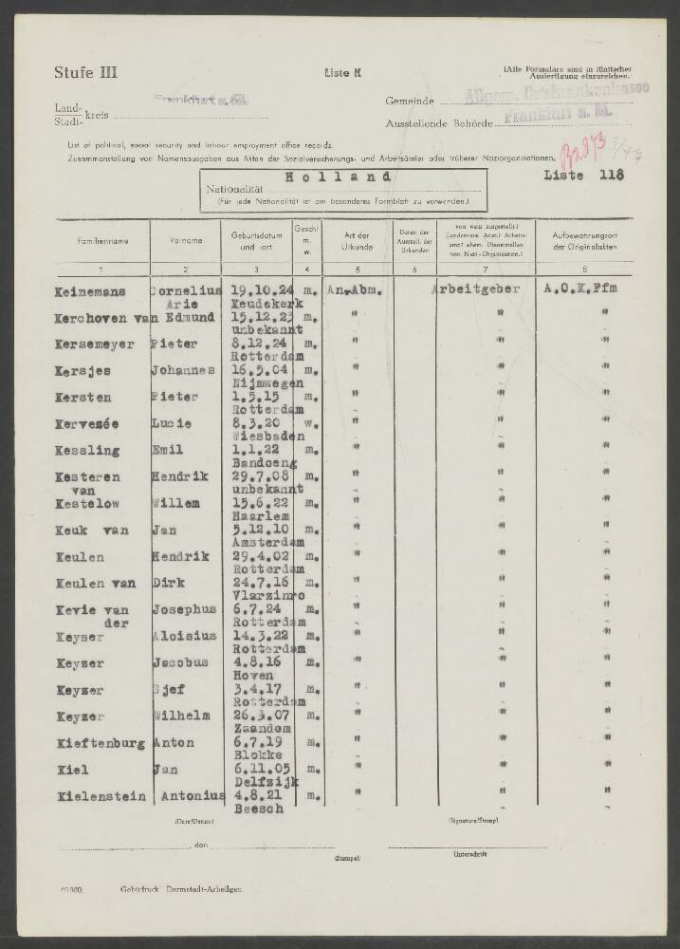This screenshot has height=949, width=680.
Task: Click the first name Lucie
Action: point(172,421)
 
